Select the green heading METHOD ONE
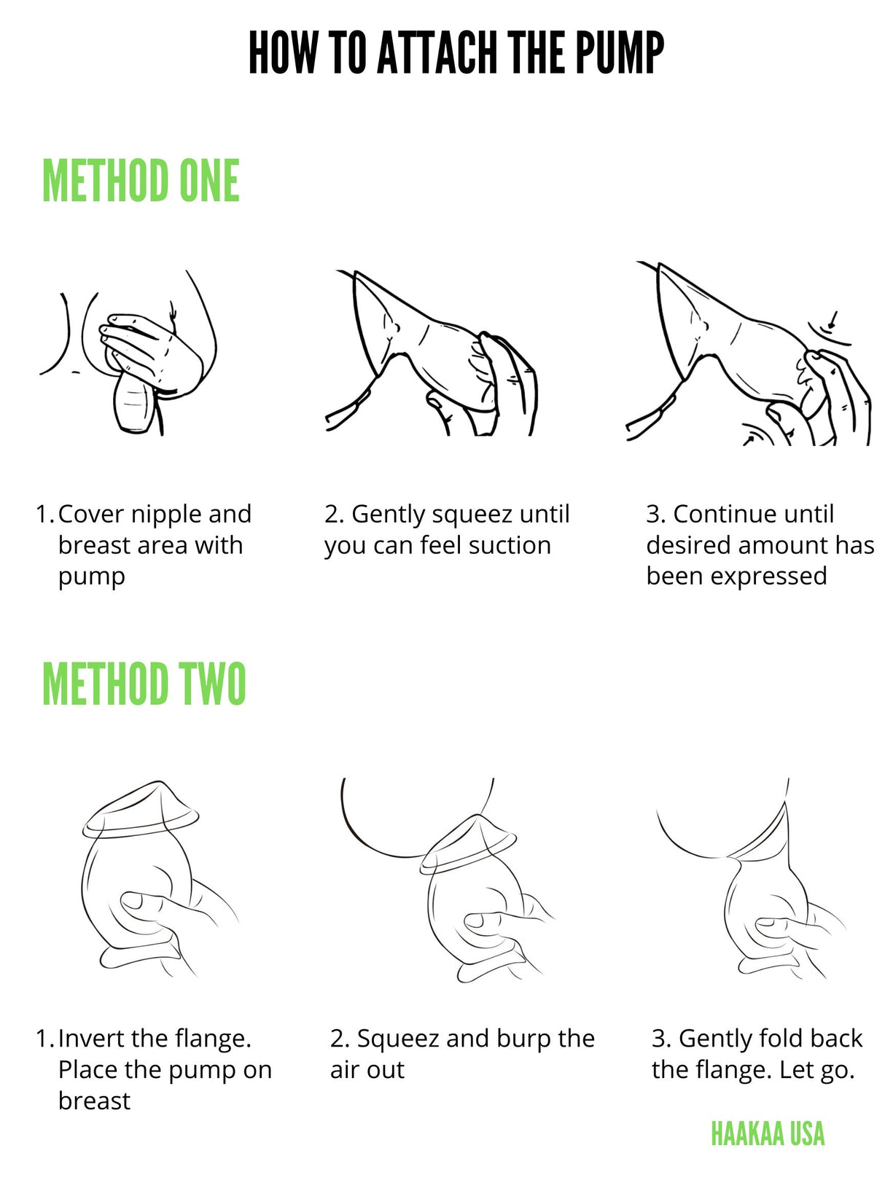[x=141, y=181]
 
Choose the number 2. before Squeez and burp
[x=340, y=1039]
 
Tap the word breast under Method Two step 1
[x=94, y=1101]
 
